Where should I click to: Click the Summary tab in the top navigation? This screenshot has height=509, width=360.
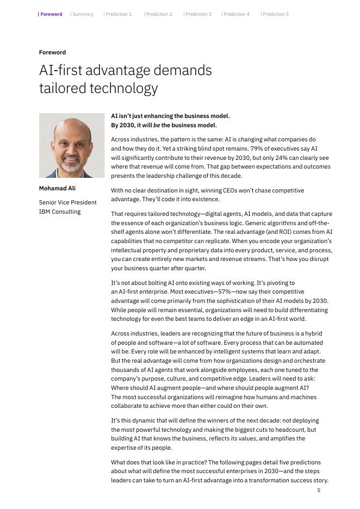pos(83,14)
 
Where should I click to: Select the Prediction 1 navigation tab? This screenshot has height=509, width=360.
pos(119,14)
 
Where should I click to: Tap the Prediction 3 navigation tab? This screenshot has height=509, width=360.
pos(198,14)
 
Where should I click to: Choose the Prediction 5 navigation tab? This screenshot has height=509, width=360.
pos(276,14)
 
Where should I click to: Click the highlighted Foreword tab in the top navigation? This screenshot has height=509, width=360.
pos(51,14)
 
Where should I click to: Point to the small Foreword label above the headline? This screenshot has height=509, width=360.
pos(52,52)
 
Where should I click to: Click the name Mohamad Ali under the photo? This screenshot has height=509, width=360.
pos(57,188)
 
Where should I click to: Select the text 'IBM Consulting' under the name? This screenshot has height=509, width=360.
pos(60,212)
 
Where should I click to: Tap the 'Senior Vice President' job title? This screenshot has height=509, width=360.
pos(67,202)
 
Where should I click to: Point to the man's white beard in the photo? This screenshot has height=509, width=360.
pos(72,165)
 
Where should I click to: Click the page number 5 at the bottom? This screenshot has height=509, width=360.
pos(319,490)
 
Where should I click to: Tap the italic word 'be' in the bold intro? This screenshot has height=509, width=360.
pos(157,125)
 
